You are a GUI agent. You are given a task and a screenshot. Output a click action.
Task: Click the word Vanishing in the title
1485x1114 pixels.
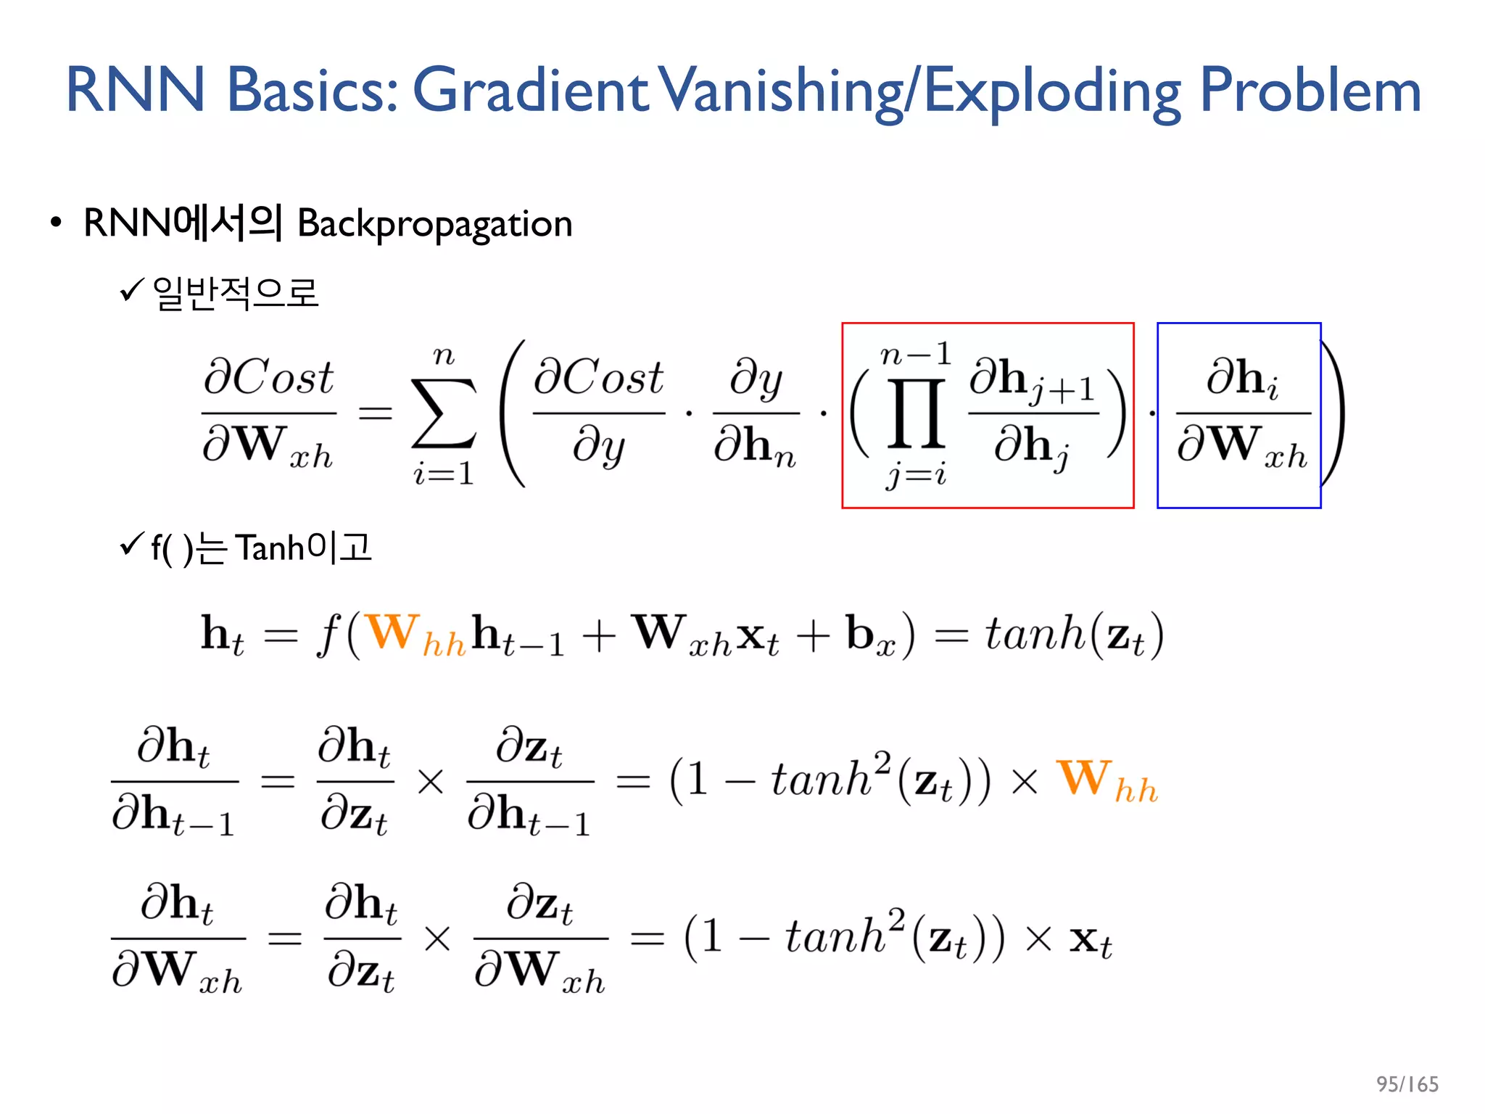click(x=786, y=91)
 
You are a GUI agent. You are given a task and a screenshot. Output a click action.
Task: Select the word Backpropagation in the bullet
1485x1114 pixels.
click(x=435, y=223)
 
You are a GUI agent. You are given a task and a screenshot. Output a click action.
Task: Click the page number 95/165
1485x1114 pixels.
click(x=1407, y=1084)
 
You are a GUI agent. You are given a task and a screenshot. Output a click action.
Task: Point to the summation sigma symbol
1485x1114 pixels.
click(x=444, y=413)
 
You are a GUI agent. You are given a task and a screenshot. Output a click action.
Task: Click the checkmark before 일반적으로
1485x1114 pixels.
click(x=133, y=290)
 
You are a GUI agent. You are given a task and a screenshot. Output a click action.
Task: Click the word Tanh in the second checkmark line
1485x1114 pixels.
click(x=270, y=548)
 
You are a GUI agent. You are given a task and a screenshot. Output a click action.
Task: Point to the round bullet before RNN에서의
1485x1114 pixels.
click(x=56, y=223)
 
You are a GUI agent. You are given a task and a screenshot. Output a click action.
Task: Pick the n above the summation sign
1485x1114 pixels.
click(x=444, y=356)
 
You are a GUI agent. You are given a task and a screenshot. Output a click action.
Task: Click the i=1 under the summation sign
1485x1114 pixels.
click(x=444, y=474)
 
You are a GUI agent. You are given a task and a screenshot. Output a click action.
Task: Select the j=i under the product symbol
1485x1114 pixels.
click(x=917, y=476)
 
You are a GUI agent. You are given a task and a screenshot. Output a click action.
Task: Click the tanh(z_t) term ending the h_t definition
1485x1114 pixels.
click(x=1073, y=634)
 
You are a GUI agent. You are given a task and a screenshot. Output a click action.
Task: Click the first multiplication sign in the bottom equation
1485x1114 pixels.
click(x=437, y=939)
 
